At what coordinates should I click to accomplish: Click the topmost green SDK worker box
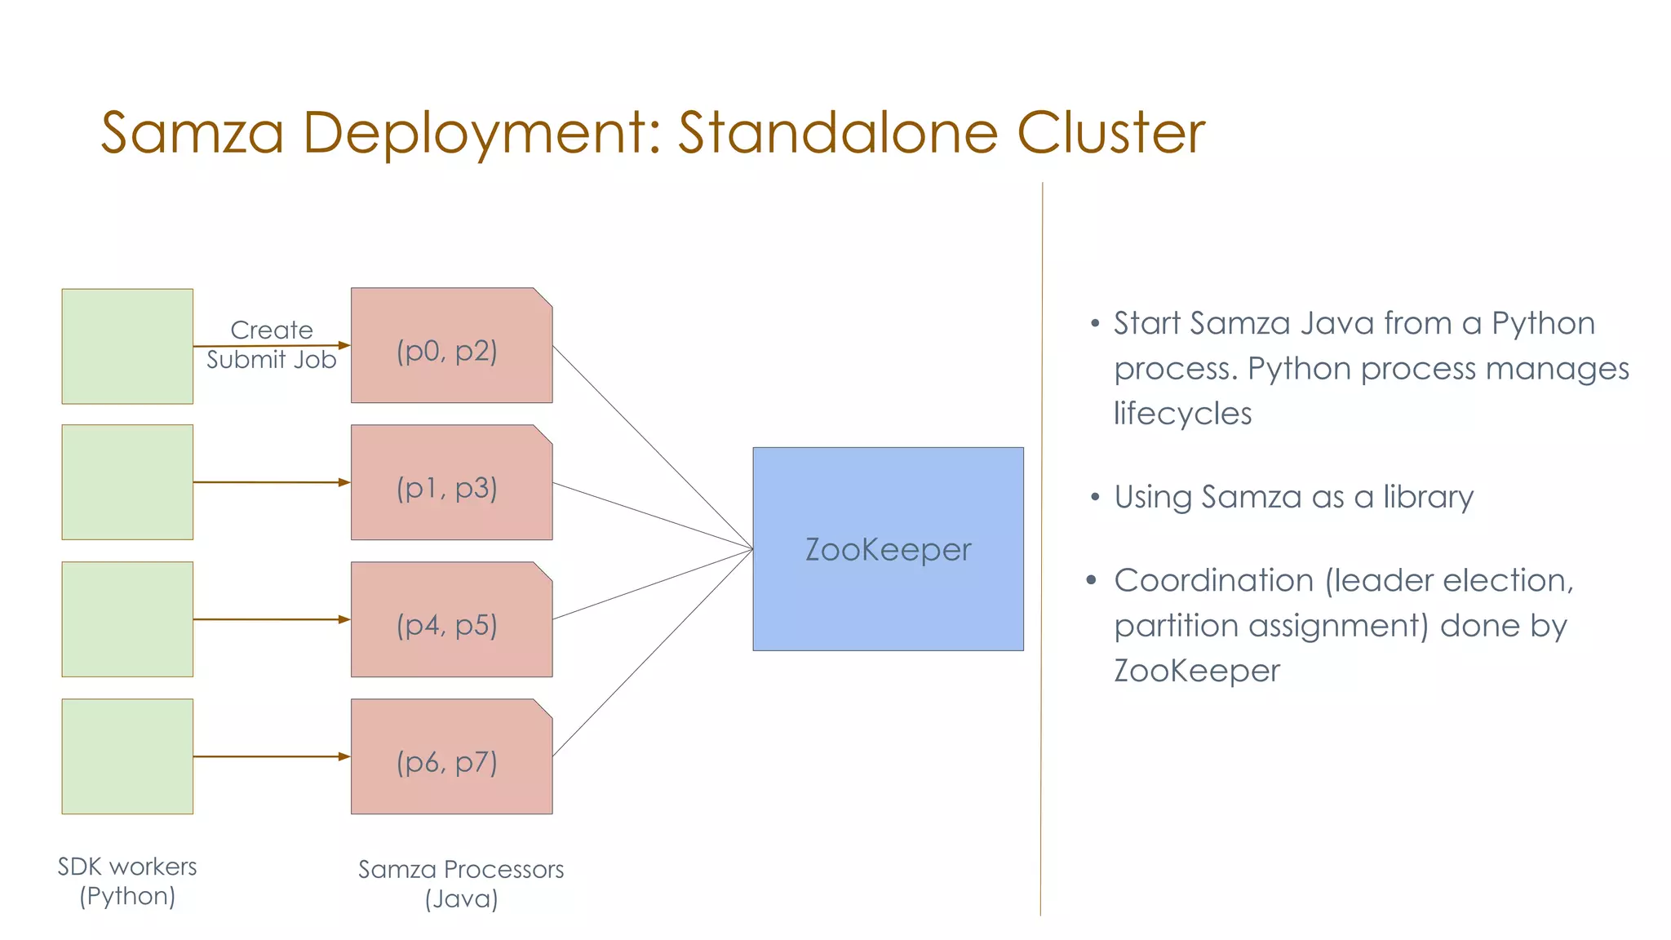[x=127, y=346]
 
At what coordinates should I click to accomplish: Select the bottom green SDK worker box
[x=127, y=756]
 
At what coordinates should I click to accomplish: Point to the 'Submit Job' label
[x=271, y=361]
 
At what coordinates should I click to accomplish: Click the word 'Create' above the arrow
[x=271, y=330]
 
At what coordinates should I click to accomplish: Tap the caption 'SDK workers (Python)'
[x=127, y=881]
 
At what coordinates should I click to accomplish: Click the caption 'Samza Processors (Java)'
[x=461, y=884]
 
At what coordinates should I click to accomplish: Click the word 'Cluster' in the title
[x=1110, y=132]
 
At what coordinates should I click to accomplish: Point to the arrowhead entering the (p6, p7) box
[x=344, y=756]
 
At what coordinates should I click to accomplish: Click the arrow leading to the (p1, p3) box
[x=269, y=482]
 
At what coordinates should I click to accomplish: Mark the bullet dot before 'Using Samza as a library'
[x=1095, y=497]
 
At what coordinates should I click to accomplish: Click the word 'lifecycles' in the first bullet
[x=1182, y=414]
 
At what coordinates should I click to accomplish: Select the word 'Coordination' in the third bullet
[x=1214, y=581]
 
